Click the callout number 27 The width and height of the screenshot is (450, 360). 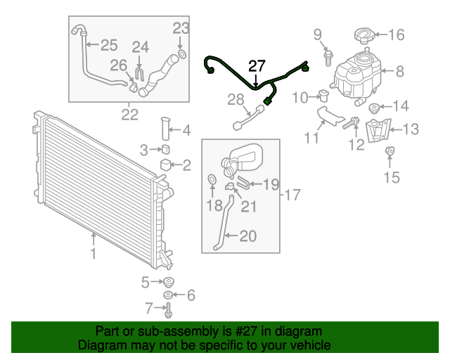[257, 66]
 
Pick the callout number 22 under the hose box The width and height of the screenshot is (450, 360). [130, 114]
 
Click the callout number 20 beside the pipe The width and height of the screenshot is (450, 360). [247, 237]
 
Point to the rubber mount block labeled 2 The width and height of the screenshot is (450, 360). [166, 166]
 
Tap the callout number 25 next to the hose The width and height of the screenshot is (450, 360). [108, 46]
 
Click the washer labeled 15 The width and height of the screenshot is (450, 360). [390, 150]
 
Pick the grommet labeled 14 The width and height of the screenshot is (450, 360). [372, 108]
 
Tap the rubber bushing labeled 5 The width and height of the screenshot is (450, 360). [169, 283]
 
